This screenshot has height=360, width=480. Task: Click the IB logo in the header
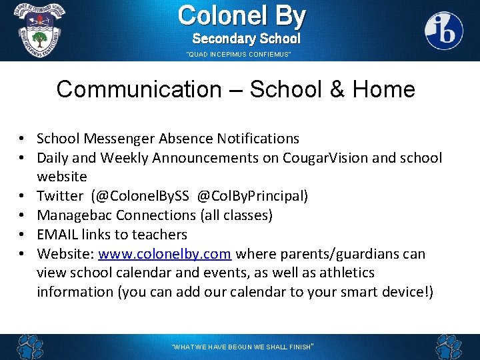[x=444, y=31]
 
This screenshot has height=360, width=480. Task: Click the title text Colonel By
[x=241, y=15]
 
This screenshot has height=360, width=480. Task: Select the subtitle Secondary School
[x=246, y=39]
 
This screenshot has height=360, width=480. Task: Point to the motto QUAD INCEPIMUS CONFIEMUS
[x=239, y=55]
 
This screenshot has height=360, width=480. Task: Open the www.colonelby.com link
[x=165, y=254]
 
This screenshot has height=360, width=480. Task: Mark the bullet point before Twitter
[x=22, y=197]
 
